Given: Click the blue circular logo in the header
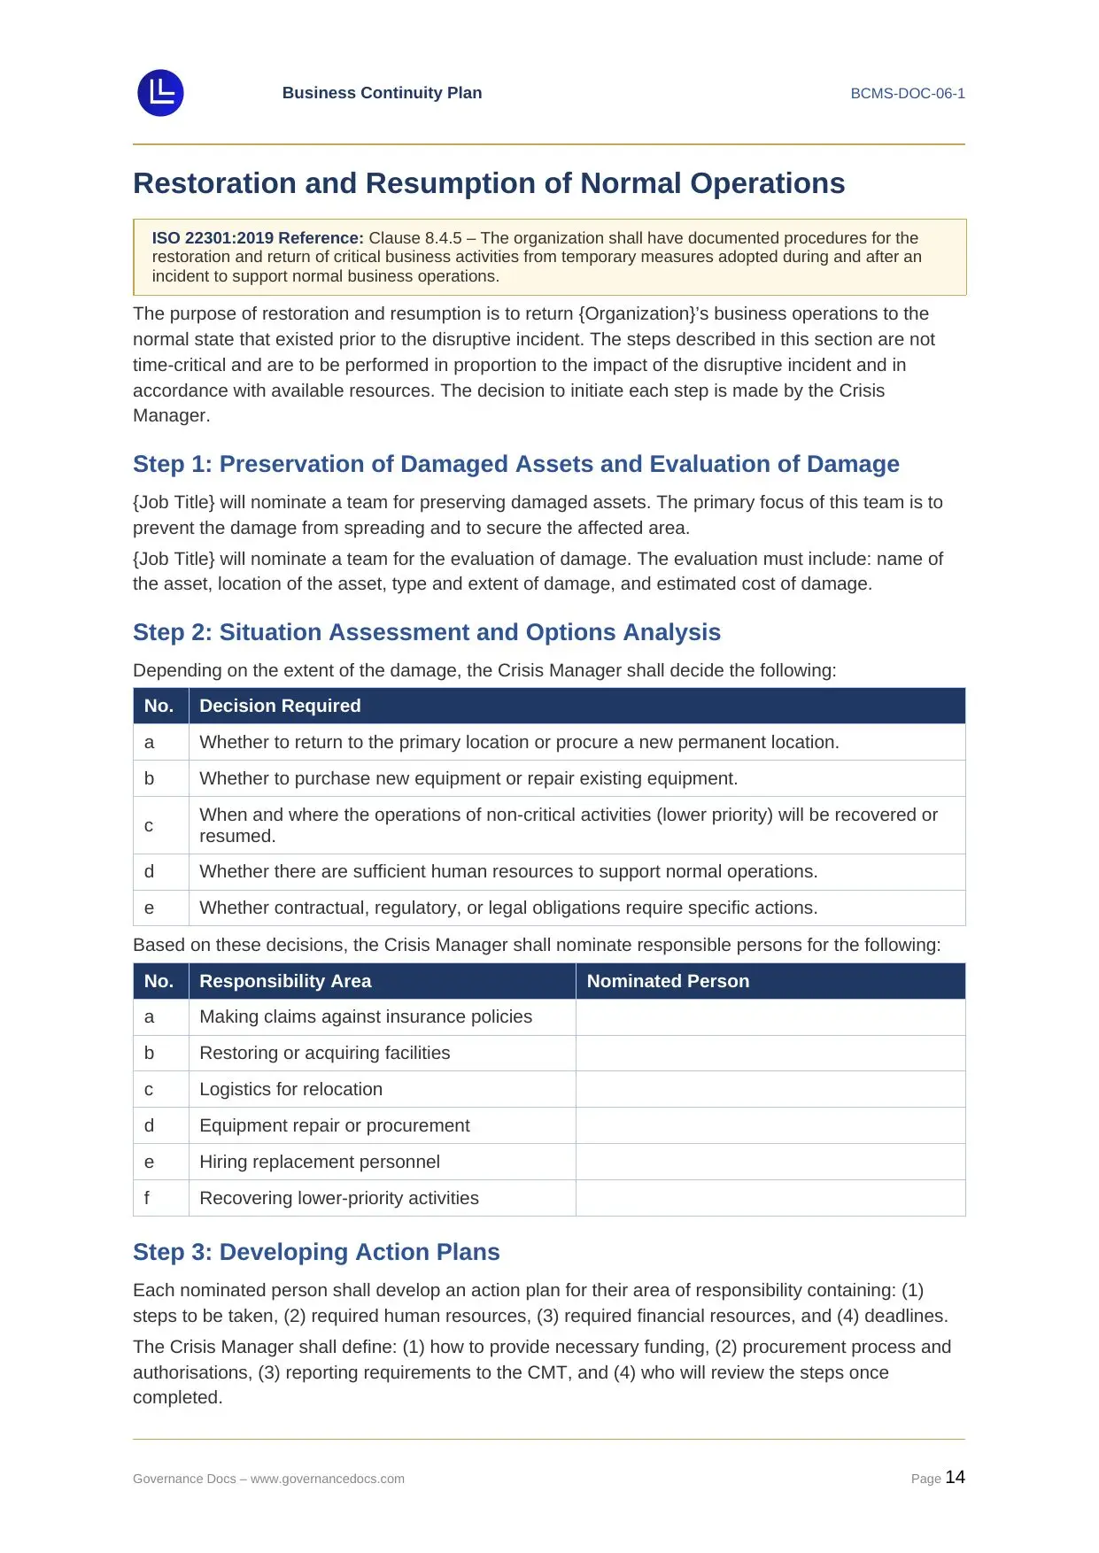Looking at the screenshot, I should coord(160,93).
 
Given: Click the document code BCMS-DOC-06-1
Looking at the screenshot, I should coord(907,93).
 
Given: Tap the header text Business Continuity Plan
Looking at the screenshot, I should coord(382,93).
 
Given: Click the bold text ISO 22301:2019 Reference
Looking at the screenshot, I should coord(257,238).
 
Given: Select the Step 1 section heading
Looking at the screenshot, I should coord(515,464).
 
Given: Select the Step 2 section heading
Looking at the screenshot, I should coord(426,632).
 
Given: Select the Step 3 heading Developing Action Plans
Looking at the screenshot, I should coord(316,1252).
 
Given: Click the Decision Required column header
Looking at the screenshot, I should coord(280,706).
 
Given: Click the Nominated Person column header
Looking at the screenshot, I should coord(668,981).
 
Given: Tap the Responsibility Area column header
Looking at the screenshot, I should coord(285,981).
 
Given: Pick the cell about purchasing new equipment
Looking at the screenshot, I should coord(468,778).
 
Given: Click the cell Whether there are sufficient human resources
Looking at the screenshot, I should coord(507,871).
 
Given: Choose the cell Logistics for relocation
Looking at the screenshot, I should coord(290,1089).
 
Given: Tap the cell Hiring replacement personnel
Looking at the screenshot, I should coord(319,1162).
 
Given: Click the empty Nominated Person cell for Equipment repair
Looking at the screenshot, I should coord(770,1125).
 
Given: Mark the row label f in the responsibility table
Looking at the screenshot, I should coord(147,1198).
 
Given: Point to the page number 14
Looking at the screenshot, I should coord(955,1477).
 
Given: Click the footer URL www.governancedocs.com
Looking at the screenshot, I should coord(327,1479).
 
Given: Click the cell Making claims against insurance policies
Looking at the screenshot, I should coord(365,1016).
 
